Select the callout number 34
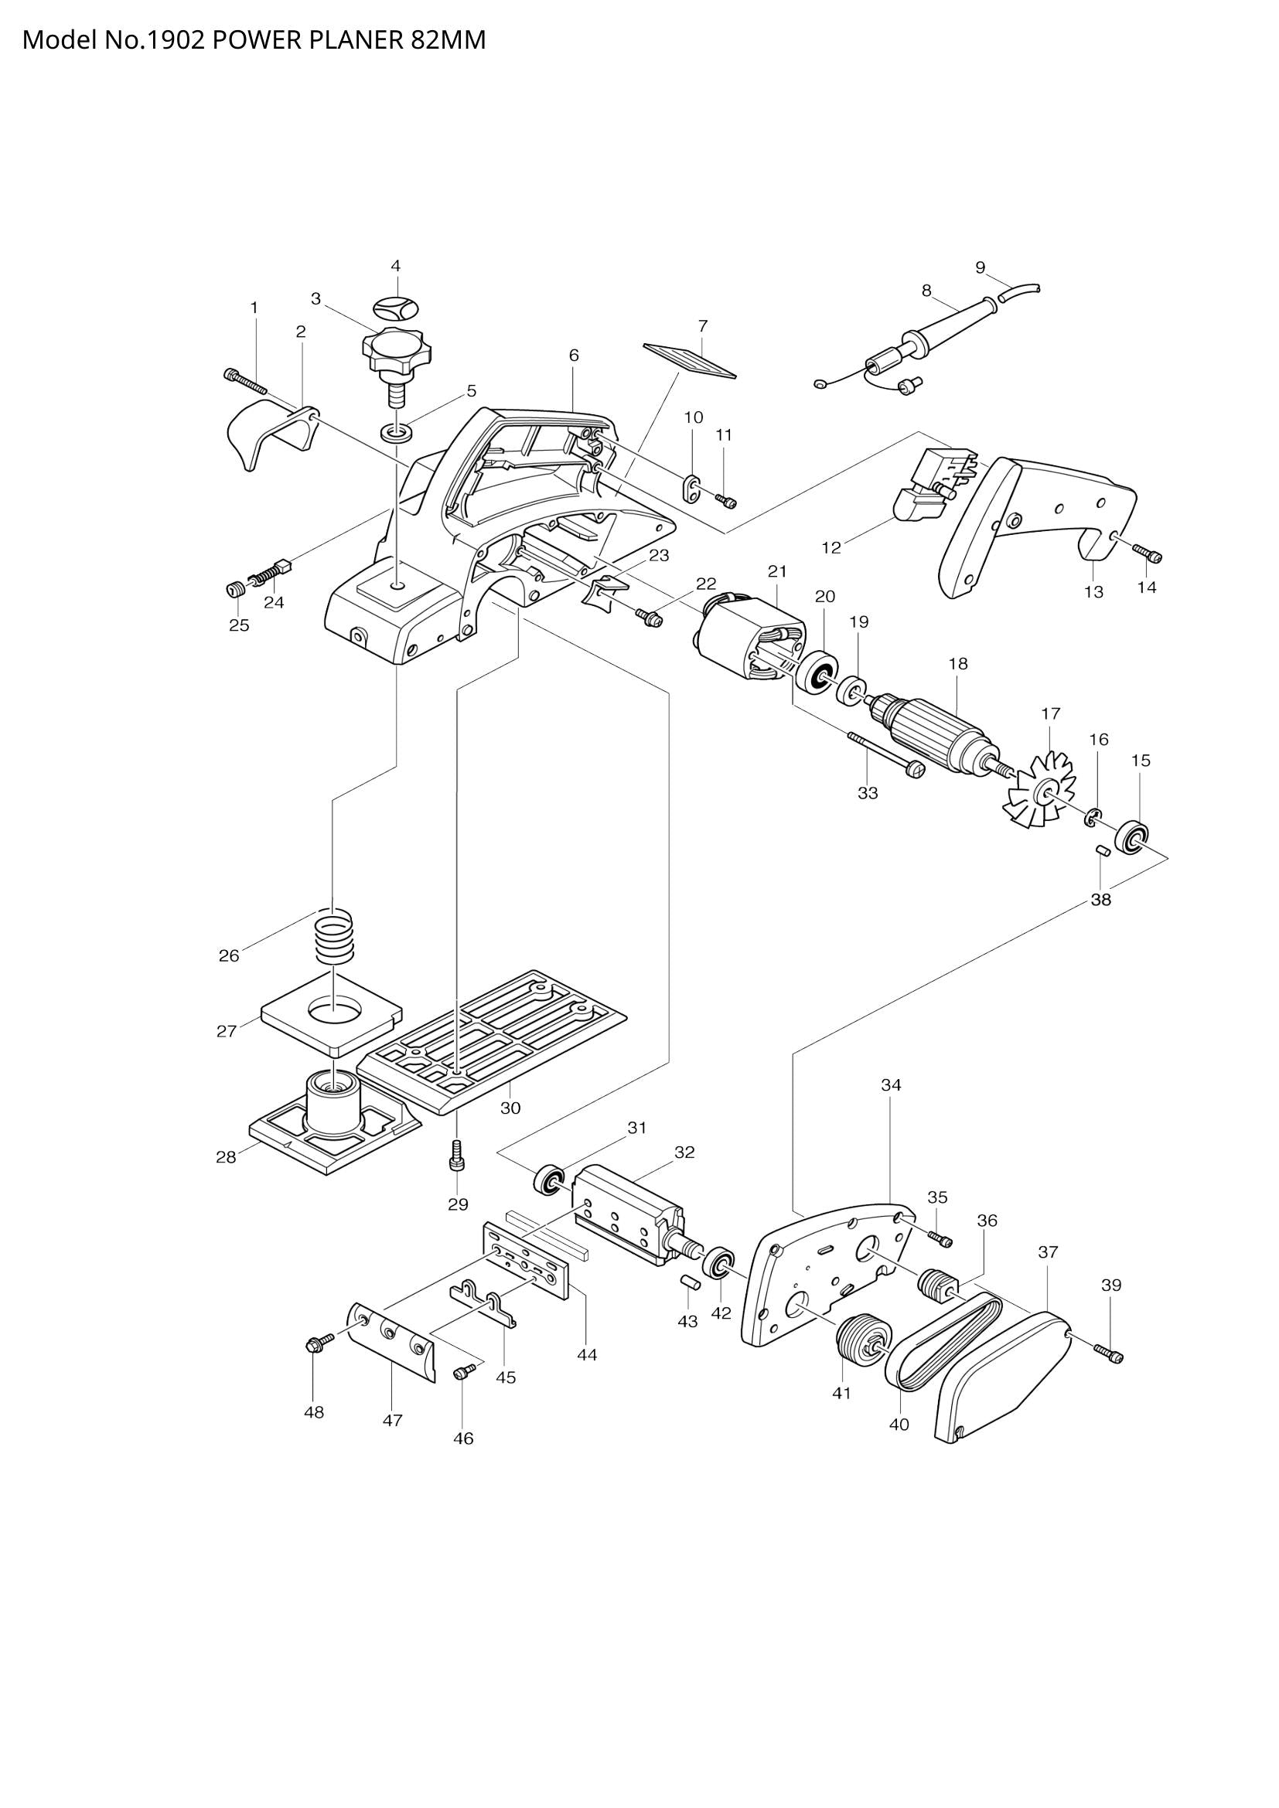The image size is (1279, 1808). pyautogui.click(x=891, y=1085)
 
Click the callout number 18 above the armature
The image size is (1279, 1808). pyautogui.click(x=957, y=664)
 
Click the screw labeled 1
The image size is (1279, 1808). pyautogui.click(x=245, y=382)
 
